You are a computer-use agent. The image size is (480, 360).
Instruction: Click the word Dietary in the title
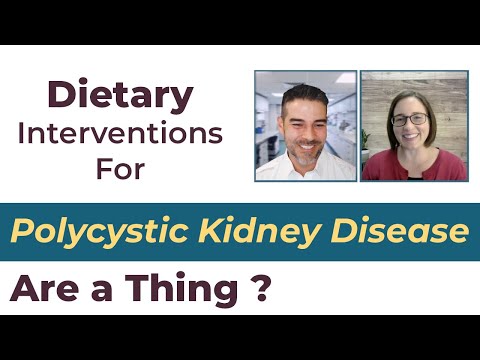pos(120,96)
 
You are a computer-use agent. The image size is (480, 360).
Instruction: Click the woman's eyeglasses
pos(410,119)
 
